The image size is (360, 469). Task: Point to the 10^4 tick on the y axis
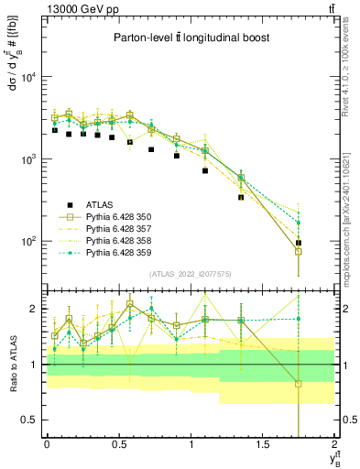29,77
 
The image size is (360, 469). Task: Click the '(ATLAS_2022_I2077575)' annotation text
189,274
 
